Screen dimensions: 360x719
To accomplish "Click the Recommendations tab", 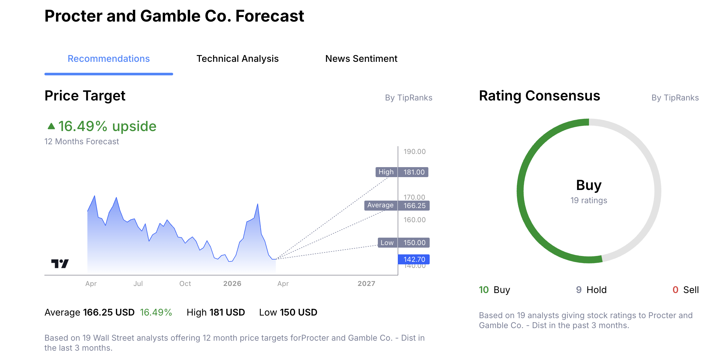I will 108,59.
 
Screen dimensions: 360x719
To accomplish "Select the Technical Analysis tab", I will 238,59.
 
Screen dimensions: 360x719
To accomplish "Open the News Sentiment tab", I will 361,59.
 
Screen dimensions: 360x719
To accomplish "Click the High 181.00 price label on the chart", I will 402,172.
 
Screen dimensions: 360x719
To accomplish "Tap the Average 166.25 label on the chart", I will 397,205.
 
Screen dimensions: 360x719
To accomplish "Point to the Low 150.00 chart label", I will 403,243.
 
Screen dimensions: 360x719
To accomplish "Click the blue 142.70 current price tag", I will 414,259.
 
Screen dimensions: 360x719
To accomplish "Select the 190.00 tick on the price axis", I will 415,151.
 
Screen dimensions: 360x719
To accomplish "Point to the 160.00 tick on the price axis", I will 415,220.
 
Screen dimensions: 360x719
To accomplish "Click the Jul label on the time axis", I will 138,284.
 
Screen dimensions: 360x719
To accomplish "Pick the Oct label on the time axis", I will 185,284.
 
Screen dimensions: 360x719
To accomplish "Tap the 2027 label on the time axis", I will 366,284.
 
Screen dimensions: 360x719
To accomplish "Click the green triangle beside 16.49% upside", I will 51,126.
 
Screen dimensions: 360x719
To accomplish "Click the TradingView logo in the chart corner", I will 60,264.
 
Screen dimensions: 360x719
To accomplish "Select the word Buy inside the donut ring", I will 589,185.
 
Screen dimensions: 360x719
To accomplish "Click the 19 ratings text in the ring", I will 589,200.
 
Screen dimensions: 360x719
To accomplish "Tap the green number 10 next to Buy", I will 484,290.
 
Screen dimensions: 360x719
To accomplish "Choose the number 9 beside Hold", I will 579,290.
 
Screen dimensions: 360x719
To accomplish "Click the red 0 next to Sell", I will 675,290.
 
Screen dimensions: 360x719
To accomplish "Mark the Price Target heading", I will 85,96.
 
